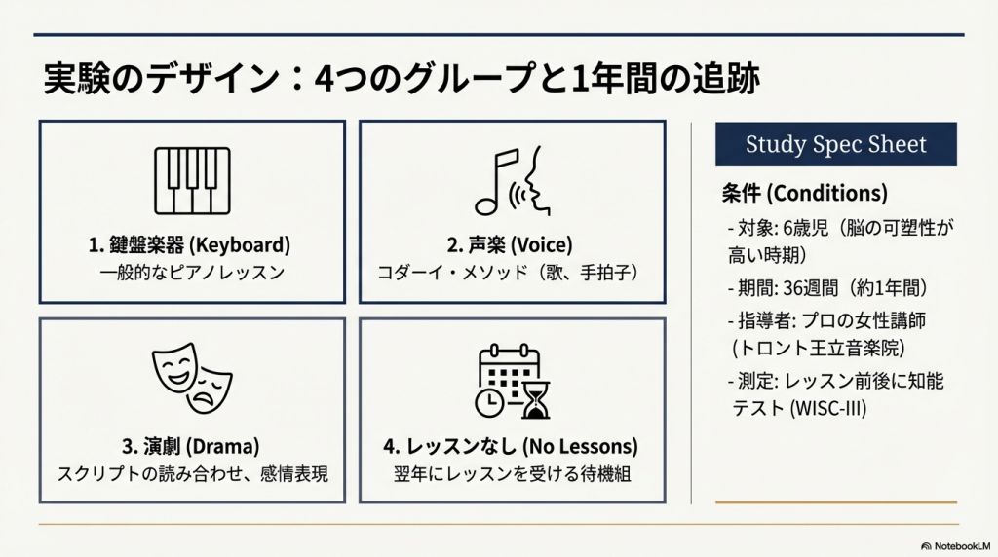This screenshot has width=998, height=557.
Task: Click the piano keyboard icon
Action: tap(192, 181)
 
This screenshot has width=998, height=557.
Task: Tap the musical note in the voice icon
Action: tap(496, 182)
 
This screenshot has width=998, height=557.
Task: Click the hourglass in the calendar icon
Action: tap(536, 400)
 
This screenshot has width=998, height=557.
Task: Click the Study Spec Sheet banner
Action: tap(835, 144)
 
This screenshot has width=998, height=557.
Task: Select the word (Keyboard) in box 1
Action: tap(240, 244)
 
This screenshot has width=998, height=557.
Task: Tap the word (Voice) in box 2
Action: tap(541, 244)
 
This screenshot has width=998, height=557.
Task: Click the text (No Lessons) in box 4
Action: tap(580, 446)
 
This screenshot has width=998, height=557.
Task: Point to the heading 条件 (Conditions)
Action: tap(804, 193)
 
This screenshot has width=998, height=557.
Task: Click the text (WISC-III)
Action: tap(828, 408)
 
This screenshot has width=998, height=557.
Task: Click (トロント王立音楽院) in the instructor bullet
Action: tap(819, 348)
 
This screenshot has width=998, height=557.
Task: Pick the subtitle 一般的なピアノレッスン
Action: tap(192, 273)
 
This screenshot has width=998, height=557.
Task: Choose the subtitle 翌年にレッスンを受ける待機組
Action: tap(513, 474)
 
